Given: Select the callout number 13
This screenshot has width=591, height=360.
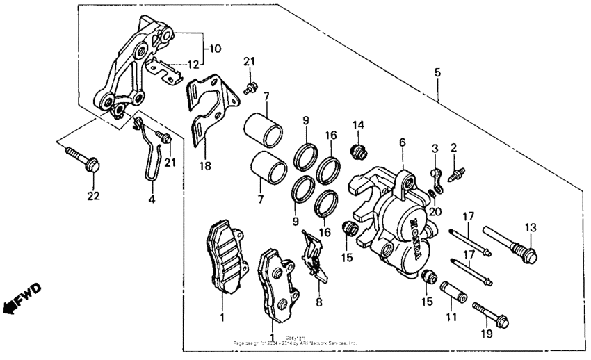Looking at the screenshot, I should tap(531, 227).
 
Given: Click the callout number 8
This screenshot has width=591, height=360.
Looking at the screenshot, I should tap(319, 302).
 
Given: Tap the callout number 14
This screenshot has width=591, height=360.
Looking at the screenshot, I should tap(358, 125).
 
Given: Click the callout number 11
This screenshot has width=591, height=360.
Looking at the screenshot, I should tap(450, 316).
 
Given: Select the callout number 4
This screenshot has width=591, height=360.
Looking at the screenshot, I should tap(152, 199).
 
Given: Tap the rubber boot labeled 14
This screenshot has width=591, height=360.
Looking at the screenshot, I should tap(359, 151).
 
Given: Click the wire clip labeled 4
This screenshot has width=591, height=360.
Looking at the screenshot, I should tap(150, 156).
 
